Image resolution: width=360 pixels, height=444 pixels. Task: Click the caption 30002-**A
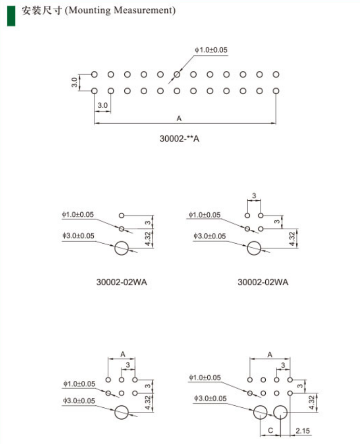[x=179, y=139]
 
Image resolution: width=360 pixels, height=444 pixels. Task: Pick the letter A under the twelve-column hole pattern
[x=179, y=119]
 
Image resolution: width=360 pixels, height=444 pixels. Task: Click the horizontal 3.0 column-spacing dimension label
[x=103, y=105]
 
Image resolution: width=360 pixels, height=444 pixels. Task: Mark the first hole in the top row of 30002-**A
[x=94, y=75]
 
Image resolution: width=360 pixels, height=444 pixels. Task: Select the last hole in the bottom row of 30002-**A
[x=276, y=91]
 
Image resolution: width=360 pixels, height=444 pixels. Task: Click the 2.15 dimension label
[x=303, y=431]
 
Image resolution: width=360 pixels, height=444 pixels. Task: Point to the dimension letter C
[x=270, y=431]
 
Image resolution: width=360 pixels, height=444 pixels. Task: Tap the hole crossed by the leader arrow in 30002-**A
[x=177, y=75]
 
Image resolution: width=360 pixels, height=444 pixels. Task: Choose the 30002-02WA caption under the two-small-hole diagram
[x=121, y=282]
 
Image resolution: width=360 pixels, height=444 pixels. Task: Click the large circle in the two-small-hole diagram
[x=122, y=248]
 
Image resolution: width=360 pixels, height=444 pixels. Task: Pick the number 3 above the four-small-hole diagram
[x=254, y=196]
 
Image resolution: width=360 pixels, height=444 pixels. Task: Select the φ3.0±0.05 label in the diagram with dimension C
[x=210, y=398]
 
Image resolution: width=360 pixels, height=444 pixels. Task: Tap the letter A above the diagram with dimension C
[x=270, y=354]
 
